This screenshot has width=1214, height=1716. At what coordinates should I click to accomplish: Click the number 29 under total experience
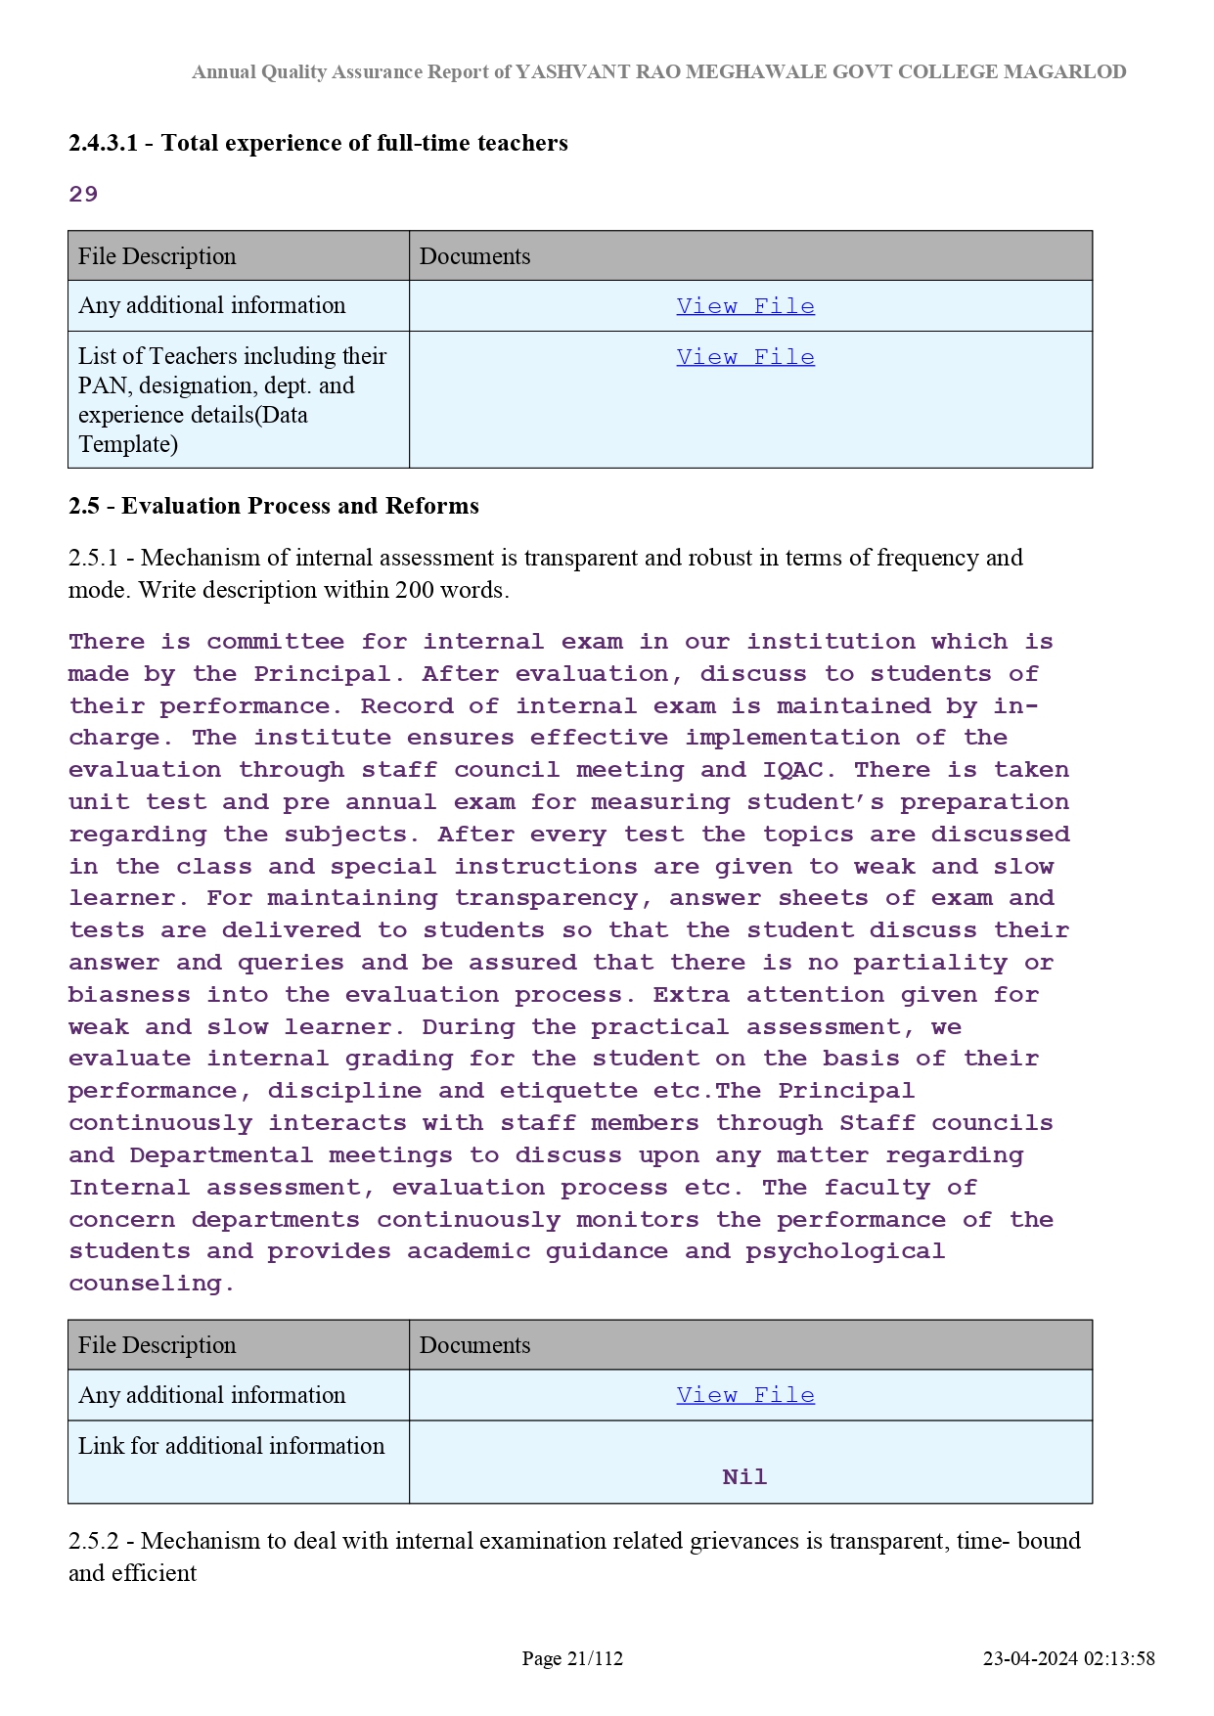pyautogui.click(x=83, y=194)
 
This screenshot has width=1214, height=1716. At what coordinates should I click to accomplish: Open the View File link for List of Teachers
pyautogui.click(x=744, y=357)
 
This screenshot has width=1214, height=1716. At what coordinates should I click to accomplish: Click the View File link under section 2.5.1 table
pyautogui.click(x=744, y=1395)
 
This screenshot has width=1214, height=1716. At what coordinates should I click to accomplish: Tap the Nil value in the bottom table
pyautogui.click(x=744, y=1477)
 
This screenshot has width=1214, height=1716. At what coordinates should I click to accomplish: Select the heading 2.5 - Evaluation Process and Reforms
pyautogui.click(x=273, y=506)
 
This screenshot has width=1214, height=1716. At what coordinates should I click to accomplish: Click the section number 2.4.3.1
pyautogui.click(x=103, y=143)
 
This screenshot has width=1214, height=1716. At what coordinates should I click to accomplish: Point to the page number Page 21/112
pyautogui.click(x=572, y=1658)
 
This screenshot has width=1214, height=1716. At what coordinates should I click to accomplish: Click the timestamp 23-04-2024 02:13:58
pyautogui.click(x=1068, y=1658)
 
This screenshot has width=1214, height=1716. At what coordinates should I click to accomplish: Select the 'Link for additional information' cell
pyautogui.click(x=232, y=1446)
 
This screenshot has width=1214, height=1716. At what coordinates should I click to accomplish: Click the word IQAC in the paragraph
pyautogui.click(x=792, y=770)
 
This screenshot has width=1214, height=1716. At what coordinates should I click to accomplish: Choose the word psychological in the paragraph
pyautogui.click(x=845, y=1251)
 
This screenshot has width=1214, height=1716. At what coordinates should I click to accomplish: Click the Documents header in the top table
pyautogui.click(x=474, y=256)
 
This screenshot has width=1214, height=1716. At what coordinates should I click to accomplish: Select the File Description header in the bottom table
pyautogui.click(x=157, y=1345)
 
